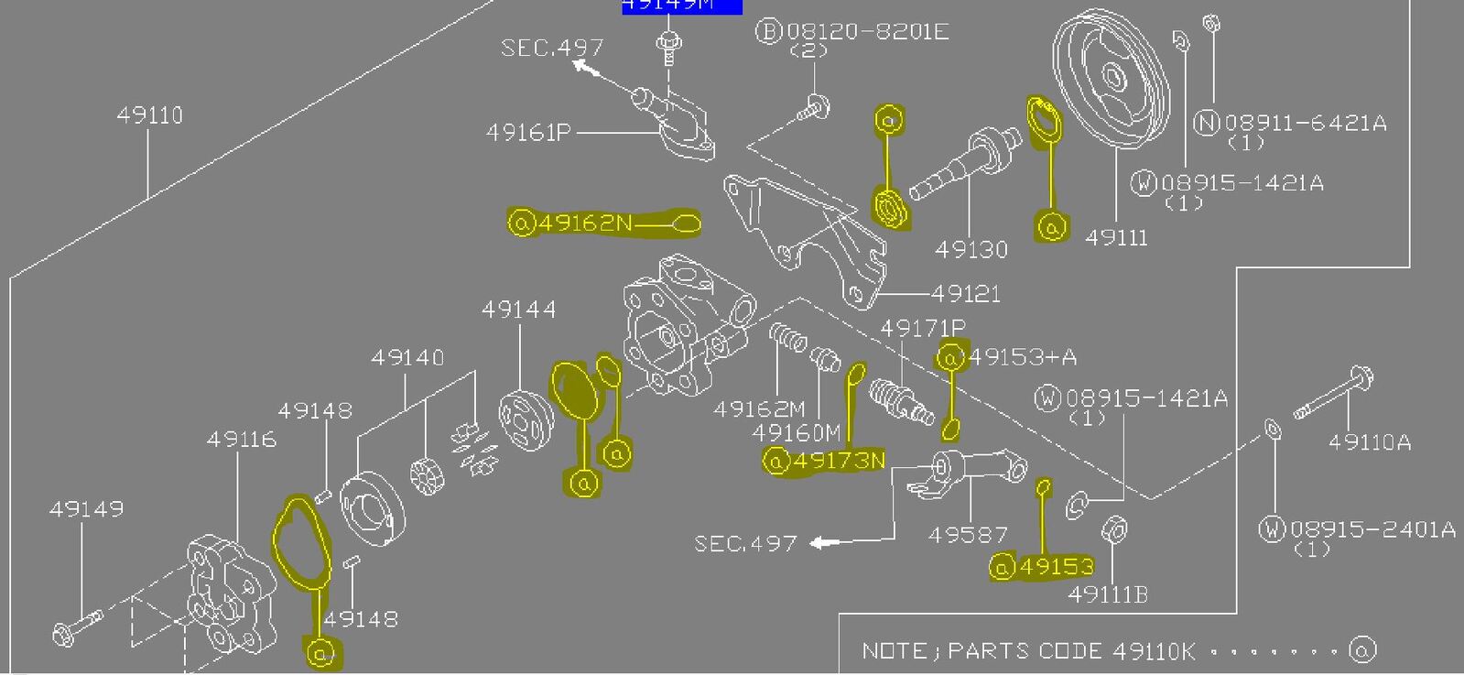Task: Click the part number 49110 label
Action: (150, 115)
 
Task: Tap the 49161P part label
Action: (528, 133)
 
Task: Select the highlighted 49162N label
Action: (585, 223)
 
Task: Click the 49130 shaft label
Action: (971, 249)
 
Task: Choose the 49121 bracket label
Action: (966, 294)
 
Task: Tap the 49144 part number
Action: (519, 310)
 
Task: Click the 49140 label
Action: (407, 357)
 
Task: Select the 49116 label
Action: (242, 440)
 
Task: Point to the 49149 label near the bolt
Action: (86, 509)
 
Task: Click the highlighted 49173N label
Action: (840, 461)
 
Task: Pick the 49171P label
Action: (923, 328)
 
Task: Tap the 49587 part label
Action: (968, 535)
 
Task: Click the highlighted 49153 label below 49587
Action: (1056, 568)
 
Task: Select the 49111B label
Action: (1108, 595)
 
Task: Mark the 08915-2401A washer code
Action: (1372, 529)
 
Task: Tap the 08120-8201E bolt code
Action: (865, 32)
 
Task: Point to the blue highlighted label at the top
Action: (682, 6)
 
